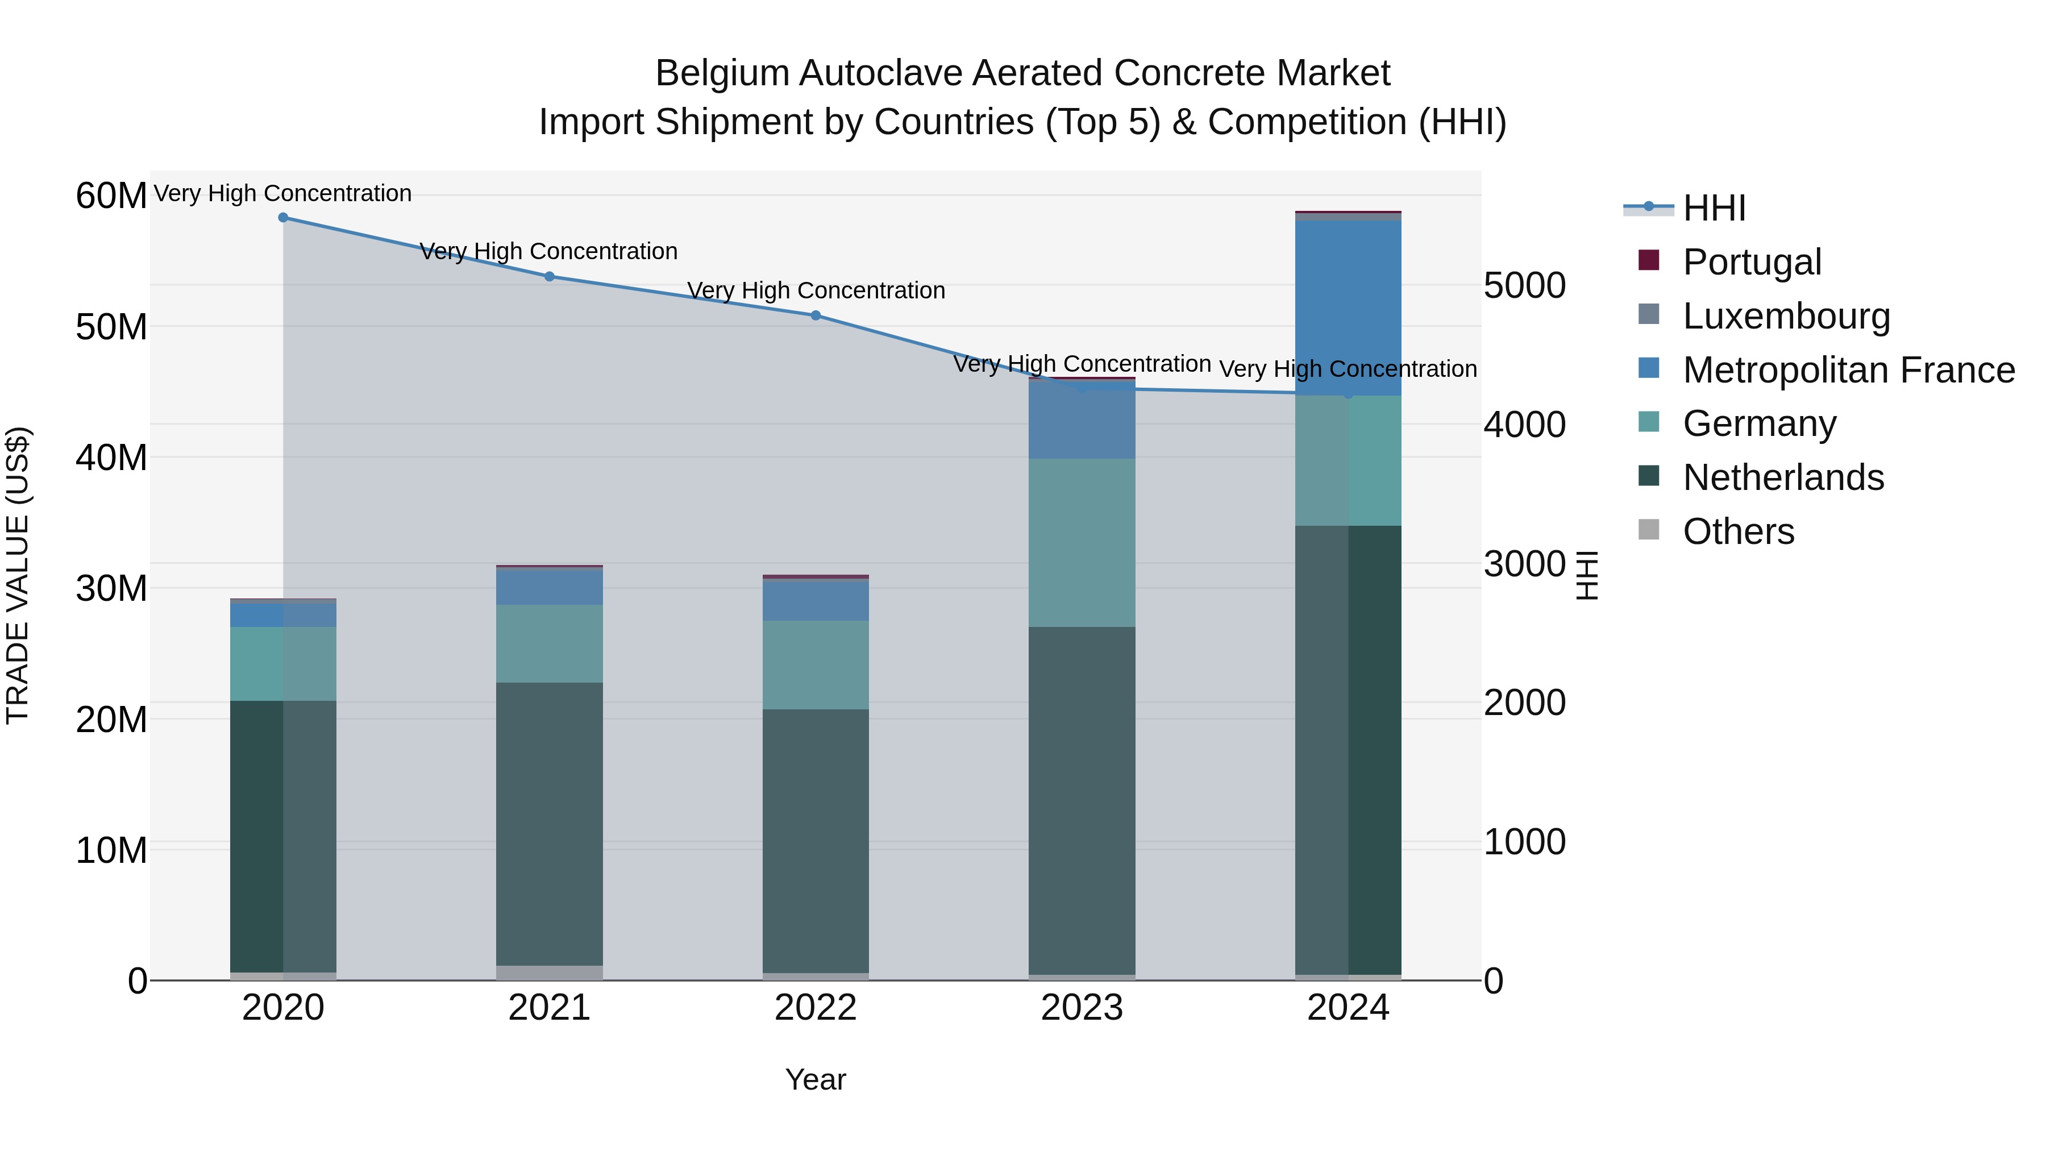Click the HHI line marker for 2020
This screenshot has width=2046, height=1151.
283,218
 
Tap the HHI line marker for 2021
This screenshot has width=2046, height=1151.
549,276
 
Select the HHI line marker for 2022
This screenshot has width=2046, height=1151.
816,315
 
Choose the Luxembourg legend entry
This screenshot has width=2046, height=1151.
1786,316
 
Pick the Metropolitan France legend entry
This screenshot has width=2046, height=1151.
1848,370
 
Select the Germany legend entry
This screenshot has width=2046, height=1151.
1758,423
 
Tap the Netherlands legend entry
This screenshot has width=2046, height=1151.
1782,477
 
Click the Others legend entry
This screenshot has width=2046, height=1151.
1738,531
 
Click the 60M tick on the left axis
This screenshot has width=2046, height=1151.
111,196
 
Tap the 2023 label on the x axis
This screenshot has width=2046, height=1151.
1082,1008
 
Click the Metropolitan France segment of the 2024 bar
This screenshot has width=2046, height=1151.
1348,308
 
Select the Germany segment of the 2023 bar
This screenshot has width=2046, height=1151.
1082,543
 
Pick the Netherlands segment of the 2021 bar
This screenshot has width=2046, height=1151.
549,824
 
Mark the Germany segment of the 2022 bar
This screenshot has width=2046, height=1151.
816,665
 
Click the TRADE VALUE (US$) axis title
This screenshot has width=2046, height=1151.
18,575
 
